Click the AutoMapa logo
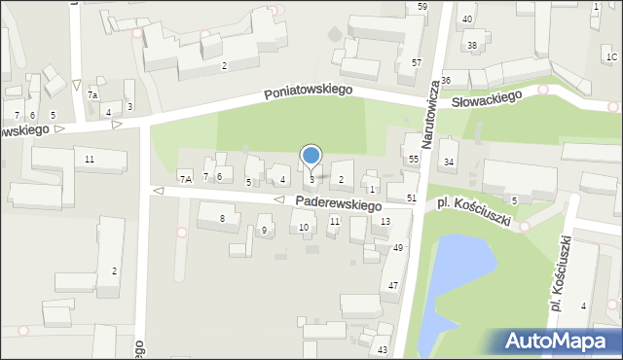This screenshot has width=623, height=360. point(561,342)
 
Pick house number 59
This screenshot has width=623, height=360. point(421,7)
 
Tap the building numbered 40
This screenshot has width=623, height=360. point(467,19)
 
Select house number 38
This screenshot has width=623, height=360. point(472,46)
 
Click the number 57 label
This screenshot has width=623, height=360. point(416,63)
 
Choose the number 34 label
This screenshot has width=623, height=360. point(449,162)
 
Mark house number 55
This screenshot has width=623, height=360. point(414,159)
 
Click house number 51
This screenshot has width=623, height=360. point(412,198)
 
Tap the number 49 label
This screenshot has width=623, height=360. point(397,248)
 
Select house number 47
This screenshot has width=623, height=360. point(393,285)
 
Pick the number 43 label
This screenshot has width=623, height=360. point(383,349)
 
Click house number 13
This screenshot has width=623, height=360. point(385,222)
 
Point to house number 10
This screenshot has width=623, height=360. point(304,228)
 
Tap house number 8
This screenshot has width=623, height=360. point(222,219)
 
